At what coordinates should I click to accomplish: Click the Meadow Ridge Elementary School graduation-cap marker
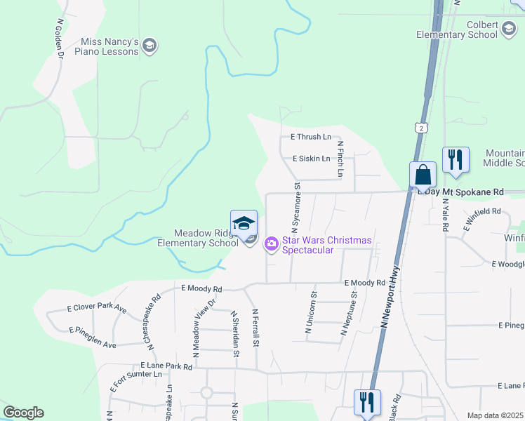[x=244, y=223]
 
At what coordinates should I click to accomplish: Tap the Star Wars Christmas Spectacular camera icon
[x=271, y=244]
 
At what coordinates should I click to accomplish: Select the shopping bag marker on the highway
[x=423, y=175]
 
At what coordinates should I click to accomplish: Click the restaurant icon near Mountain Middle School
[x=456, y=160]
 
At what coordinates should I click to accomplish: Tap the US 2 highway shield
[x=420, y=127]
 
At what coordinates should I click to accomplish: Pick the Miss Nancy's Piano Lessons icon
[x=149, y=46]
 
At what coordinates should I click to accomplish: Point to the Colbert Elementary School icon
[x=508, y=29]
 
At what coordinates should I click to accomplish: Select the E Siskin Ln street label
[x=311, y=159]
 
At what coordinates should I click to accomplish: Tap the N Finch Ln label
[x=340, y=159]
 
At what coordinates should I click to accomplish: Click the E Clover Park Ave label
[x=97, y=308]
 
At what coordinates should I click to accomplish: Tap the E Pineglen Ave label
[x=92, y=337]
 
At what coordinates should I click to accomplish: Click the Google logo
[x=22, y=413]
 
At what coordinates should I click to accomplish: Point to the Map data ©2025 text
[x=495, y=415]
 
